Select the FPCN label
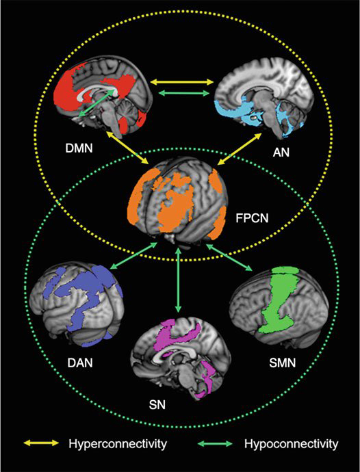click(x=253, y=217)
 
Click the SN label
click(x=157, y=405)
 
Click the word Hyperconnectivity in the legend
click(x=118, y=444)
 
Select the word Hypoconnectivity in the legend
click(x=292, y=444)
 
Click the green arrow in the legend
click(x=214, y=443)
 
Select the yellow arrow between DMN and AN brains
click(x=181, y=81)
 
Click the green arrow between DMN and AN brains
click(x=183, y=93)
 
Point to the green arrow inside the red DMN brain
click(x=97, y=103)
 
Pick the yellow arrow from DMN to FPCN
click(x=127, y=148)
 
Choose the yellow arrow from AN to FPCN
click(x=239, y=148)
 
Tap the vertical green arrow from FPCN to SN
click(x=179, y=280)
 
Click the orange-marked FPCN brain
click(x=177, y=201)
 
